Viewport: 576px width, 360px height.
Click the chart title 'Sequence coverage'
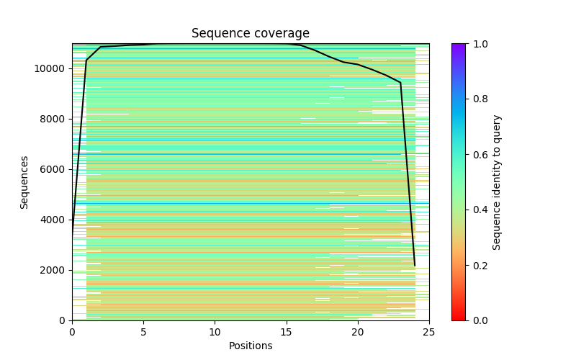[250, 34]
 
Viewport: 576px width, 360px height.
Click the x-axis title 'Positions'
[250, 346]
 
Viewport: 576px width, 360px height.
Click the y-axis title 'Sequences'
[24, 182]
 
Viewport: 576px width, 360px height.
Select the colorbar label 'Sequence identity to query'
[497, 182]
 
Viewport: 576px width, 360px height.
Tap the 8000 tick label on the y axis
[53, 120]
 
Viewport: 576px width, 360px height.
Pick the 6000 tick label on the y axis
[53, 170]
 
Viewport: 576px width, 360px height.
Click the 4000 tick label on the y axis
[53, 220]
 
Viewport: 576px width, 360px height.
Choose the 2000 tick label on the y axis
[53, 271]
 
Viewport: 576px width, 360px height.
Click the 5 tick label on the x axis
[143, 332]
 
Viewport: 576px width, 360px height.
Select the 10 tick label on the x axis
[215, 332]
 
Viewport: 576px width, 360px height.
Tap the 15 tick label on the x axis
[286, 332]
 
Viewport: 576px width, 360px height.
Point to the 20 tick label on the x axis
[357, 332]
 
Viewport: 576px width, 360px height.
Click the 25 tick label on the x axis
[428, 332]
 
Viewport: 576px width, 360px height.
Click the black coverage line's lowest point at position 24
[415, 266]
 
